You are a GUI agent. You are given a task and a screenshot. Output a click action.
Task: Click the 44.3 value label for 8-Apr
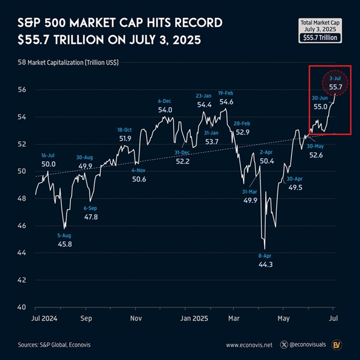(x=266, y=265)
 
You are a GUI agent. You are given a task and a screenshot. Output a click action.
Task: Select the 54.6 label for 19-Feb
(x=226, y=102)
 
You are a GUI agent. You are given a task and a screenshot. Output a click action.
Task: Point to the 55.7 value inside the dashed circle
(x=335, y=87)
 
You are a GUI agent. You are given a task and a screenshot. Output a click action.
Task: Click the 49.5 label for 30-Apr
(x=294, y=188)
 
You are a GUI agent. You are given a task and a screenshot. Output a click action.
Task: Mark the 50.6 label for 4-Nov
(x=138, y=179)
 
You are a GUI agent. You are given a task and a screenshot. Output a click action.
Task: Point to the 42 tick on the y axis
(x=22, y=280)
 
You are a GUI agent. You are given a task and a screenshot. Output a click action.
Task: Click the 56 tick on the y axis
(x=22, y=89)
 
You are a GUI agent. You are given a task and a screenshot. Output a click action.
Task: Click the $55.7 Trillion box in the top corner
(x=321, y=37)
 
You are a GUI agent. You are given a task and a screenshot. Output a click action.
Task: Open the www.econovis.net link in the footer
(x=249, y=345)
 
